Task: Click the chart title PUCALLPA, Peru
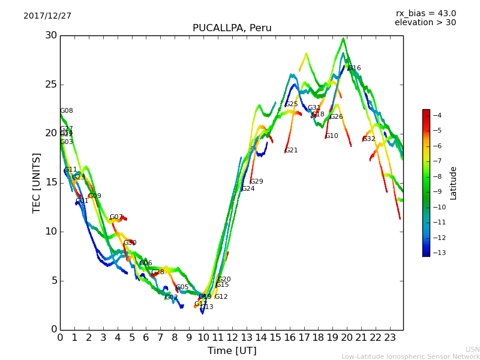[x=232, y=28]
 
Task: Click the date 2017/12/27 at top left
[x=47, y=16]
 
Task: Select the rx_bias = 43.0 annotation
[x=425, y=14]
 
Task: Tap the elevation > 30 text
[x=425, y=23]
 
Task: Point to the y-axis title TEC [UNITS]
[x=37, y=182]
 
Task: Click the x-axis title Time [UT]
[x=232, y=350]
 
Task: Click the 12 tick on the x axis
[x=232, y=337]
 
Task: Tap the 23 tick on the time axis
[x=390, y=337]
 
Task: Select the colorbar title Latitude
[x=454, y=183]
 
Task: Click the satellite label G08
[x=67, y=111]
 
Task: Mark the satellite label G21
[x=292, y=151]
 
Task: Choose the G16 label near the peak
[x=355, y=68]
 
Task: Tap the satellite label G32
[x=369, y=139]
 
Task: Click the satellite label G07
[x=116, y=217]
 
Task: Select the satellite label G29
[x=257, y=182]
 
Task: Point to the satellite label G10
[x=332, y=136]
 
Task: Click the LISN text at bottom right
[x=473, y=349]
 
